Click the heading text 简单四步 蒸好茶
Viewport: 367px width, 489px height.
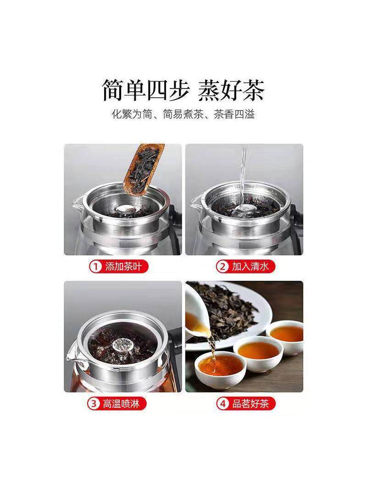tap(183, 90)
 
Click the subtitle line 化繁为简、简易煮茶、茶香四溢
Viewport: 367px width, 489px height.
tap(183, 115)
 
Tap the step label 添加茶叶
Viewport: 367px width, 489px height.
tap(126, 267)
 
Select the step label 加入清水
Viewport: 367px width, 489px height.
tap(250, 267)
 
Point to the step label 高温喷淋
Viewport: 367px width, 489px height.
tap(121, 404)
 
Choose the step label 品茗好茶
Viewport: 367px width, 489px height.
tap(250, 404)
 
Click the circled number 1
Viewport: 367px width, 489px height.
tap(96, 267)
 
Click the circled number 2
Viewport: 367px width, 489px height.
tap(222, 267)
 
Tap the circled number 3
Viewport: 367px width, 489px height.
tap(93, 404)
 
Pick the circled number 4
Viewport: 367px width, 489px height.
tap(222, 404)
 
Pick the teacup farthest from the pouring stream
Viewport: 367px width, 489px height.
tap(285, 337)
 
